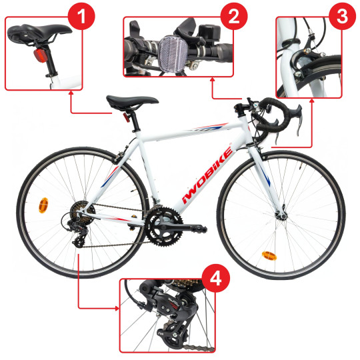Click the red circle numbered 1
pyautogui.click(x=81, y=16)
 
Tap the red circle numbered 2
pyautogui.click(x=234, y=16)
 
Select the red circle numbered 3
pyautogui.click(x=342, y=16)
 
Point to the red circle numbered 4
pyautogui.click(x=216, y=279)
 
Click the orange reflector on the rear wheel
pyautogui.click(x=43, y=205)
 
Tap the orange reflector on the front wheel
pyautogui.click(x=269, y=256)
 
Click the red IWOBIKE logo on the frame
pyautogui.click(x=207, y=175)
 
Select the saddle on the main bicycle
pyautogui.click(x=132, y=102)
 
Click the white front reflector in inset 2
pyautogui.click(x=173, y=53)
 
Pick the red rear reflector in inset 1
pyautogui.click(x=41, y=55)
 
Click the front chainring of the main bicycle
pyautogui.click(x=164, y=227)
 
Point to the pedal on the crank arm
pyautogui.click(x=198, y=228)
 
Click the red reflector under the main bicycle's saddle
pyautogui.click(x=127, y=117)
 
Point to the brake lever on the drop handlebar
pyautogui.click(x=299, y=119)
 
